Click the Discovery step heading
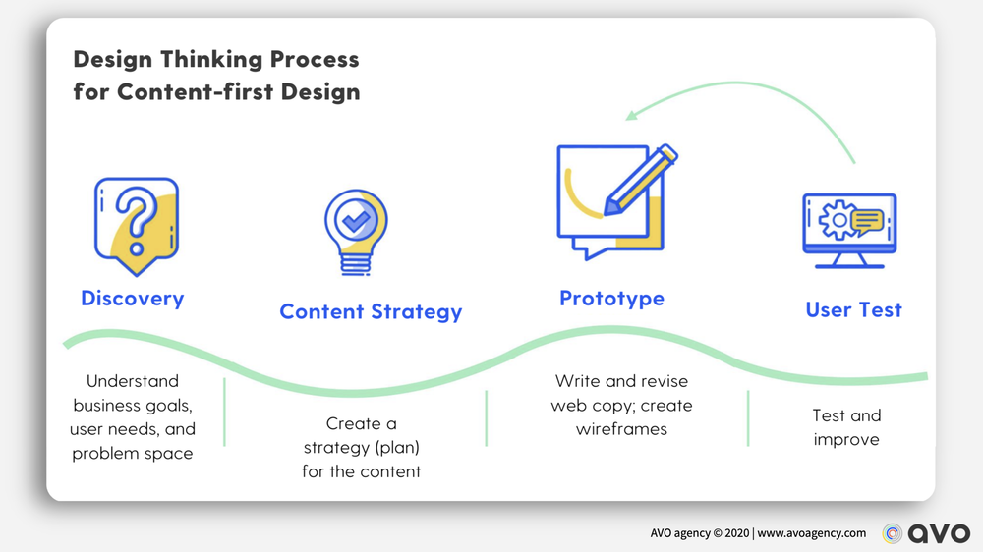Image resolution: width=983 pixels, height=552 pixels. (132, 298)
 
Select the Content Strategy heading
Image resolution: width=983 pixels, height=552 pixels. (371, 312)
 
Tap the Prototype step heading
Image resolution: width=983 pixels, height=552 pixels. (611, 298)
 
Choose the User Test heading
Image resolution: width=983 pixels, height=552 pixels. (853, 310)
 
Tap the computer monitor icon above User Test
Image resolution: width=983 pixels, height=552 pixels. (849, 230)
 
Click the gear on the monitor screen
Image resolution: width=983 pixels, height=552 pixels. (836, 222)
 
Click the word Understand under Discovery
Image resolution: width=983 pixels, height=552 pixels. (133, 381)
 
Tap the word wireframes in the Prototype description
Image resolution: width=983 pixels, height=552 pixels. (622, 429)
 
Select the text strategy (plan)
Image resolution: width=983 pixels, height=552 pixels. (361, 448)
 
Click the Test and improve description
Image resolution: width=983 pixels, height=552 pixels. (846, 427)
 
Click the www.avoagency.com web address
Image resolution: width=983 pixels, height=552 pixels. (812, 533)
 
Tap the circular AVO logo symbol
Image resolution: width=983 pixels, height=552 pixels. (892, 533)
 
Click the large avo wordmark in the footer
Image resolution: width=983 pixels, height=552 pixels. (938, 533)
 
